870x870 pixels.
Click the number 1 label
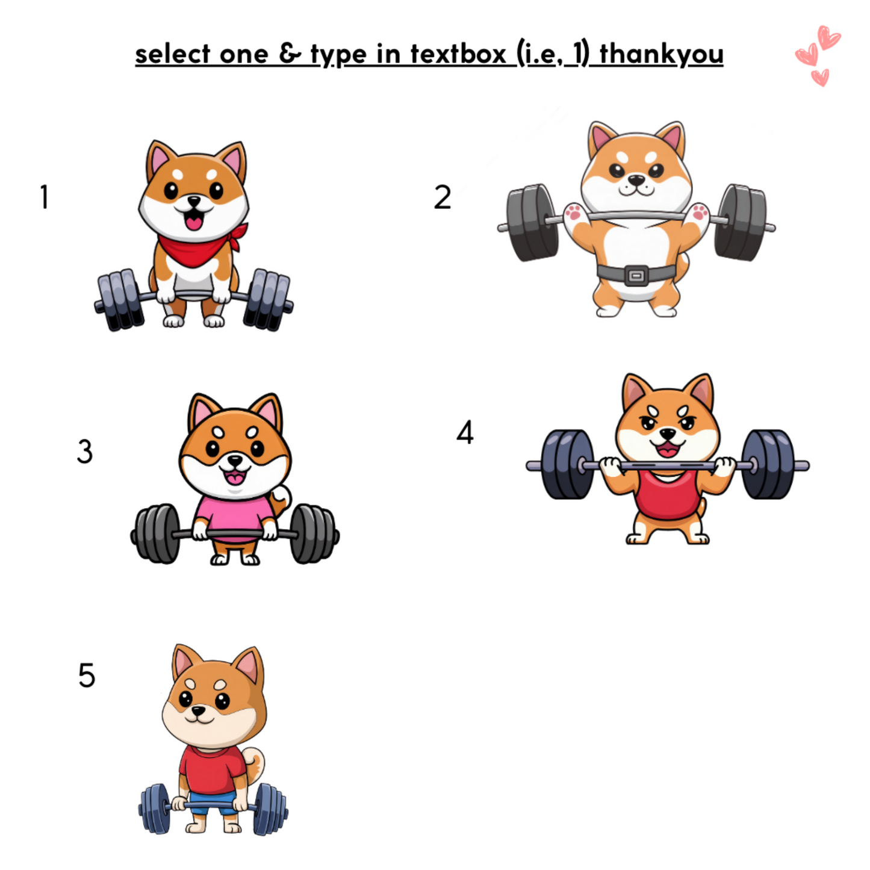(x=44, y=197)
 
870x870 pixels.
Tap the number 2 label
(x=442, y=197)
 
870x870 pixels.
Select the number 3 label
(x=84, y=452)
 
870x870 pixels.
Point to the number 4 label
(x=465, y=432)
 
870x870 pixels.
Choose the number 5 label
(x=87, y=676)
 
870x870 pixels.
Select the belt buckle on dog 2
(x=636, y=275)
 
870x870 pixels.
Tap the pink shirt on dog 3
(x=234, y=517)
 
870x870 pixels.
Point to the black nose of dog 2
(x=636, y=180)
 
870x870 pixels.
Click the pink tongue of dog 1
(x=194, y=223)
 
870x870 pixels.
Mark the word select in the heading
(x=172, y=54)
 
